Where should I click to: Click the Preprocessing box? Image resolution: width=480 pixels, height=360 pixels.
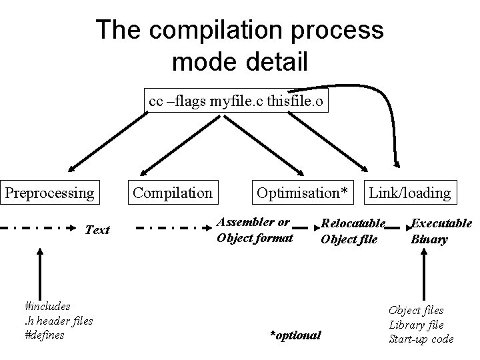pos(51,193)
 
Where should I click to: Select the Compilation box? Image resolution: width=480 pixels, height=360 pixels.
pos(173,193)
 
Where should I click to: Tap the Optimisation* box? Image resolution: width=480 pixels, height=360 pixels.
pos(302,193)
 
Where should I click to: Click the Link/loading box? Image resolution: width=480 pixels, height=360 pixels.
pos(410,193)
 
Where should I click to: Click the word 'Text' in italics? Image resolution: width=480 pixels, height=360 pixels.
pos(97,230)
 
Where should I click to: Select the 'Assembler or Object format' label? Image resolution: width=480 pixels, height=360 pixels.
pos(255,229)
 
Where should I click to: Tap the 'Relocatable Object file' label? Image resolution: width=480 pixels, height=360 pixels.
pos(353,231)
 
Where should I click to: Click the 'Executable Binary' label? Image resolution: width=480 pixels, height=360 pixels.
pos(441,231)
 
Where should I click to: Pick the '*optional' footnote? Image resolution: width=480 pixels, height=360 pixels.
pos(295,335)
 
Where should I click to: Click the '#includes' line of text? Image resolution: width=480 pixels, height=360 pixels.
pos(47,307)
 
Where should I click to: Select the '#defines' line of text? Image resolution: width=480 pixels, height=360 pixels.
pos(44,335)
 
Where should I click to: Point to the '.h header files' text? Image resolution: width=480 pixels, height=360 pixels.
pos(58,321)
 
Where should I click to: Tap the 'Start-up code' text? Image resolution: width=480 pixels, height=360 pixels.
pos(421,339)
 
